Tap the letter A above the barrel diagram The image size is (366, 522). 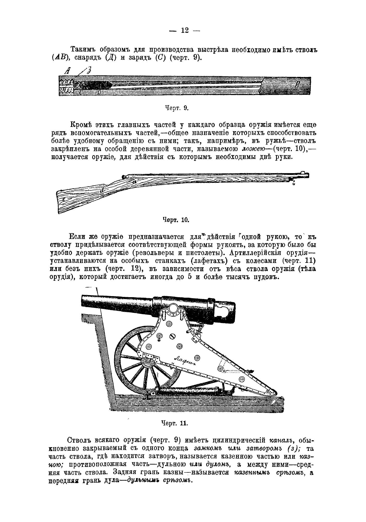68,71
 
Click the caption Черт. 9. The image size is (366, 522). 177,108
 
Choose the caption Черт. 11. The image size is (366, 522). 175,423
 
